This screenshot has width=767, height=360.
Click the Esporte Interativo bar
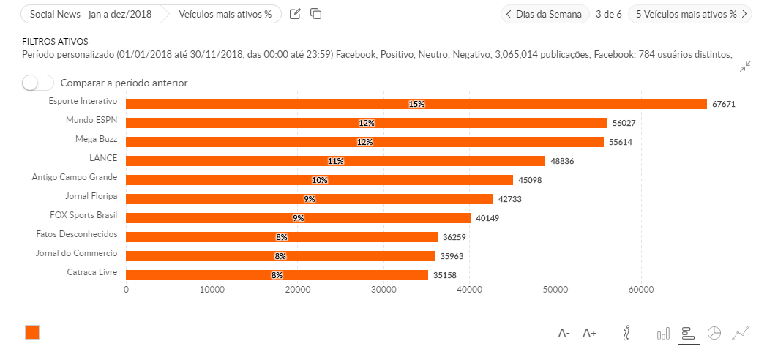pos(416,104)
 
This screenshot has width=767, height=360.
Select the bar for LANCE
pos(335,161)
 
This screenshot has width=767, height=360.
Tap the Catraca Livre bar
pos(277,275)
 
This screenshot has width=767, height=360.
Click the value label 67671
pos(723,105)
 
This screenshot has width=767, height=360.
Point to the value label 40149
pos(487,218)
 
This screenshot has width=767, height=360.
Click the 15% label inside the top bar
pos(416,104)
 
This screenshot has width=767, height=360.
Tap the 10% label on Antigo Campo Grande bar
pos(319,180)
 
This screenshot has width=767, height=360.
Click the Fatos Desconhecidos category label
pos(77,234)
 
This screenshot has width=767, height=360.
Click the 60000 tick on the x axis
pos(641,290)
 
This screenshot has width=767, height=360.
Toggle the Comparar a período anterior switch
pos(37,83)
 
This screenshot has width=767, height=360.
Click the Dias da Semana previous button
pos(545,14)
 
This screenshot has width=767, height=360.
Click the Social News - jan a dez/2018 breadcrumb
pos(91,14)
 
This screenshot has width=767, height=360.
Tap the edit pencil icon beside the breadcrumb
pos(295,14)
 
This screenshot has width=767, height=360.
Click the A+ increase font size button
pos(590,333)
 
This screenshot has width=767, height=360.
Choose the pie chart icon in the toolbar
pos(714,333)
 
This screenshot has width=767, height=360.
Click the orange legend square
pos(32,332)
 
